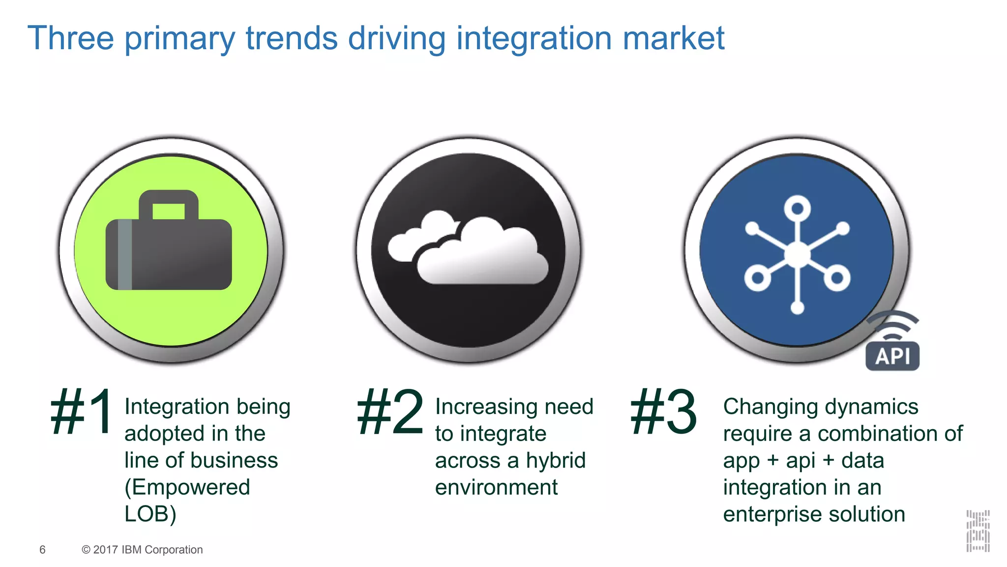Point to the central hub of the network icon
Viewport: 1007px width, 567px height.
[797, 254]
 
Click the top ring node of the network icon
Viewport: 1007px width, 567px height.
[797, 208]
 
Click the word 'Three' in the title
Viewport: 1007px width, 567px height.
[71, 38]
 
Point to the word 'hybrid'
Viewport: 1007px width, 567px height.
[556, 461]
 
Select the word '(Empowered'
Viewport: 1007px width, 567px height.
[187, 488]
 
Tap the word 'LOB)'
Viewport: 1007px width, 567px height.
[150, 514]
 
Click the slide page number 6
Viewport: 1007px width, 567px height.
[42, 550]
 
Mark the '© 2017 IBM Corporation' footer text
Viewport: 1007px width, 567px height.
[142, 550]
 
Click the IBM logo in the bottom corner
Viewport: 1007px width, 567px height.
[977, 531]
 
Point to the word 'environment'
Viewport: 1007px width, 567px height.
[496, 488]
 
